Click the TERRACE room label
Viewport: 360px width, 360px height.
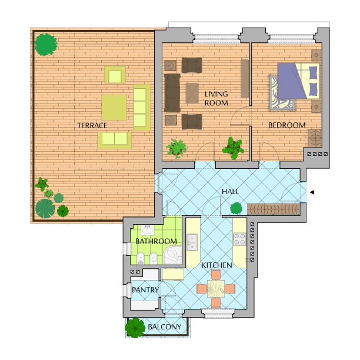click(x=92, y=125)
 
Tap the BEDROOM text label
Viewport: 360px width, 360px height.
click(x=286, y=125)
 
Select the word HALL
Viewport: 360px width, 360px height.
click(x=230, y=192)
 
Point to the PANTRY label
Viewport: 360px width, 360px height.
click(x=145, y=290)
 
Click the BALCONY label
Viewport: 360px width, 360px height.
click(x=165, y=326)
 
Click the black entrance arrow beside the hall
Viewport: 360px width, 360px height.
click(x=312, y=192)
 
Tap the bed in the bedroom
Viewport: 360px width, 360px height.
click(x=299, y=81)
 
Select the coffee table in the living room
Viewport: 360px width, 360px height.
click(x=192, y=94)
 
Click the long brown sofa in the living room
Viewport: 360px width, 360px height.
click(x=172, y=93)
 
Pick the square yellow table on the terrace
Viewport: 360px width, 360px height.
click(x=114, y=108)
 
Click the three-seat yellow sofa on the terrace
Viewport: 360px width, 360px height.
click(x=142, y=107)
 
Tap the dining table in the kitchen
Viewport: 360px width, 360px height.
click(x=216, y=289)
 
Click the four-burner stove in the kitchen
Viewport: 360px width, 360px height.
click(x=239, y=239)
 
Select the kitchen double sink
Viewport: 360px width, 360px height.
click(x=192, y=242)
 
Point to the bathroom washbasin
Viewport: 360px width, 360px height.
click(x=148, y=230)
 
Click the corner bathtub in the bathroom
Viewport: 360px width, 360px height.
click(x=172, y=255)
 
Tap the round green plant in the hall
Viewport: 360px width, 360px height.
click(x=236, y=208)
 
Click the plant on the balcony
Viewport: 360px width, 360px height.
click(x=135, y=328)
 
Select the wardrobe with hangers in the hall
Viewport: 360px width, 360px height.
click(x=274, y=209)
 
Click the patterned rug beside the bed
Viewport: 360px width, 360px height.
click(x=282, y=93)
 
